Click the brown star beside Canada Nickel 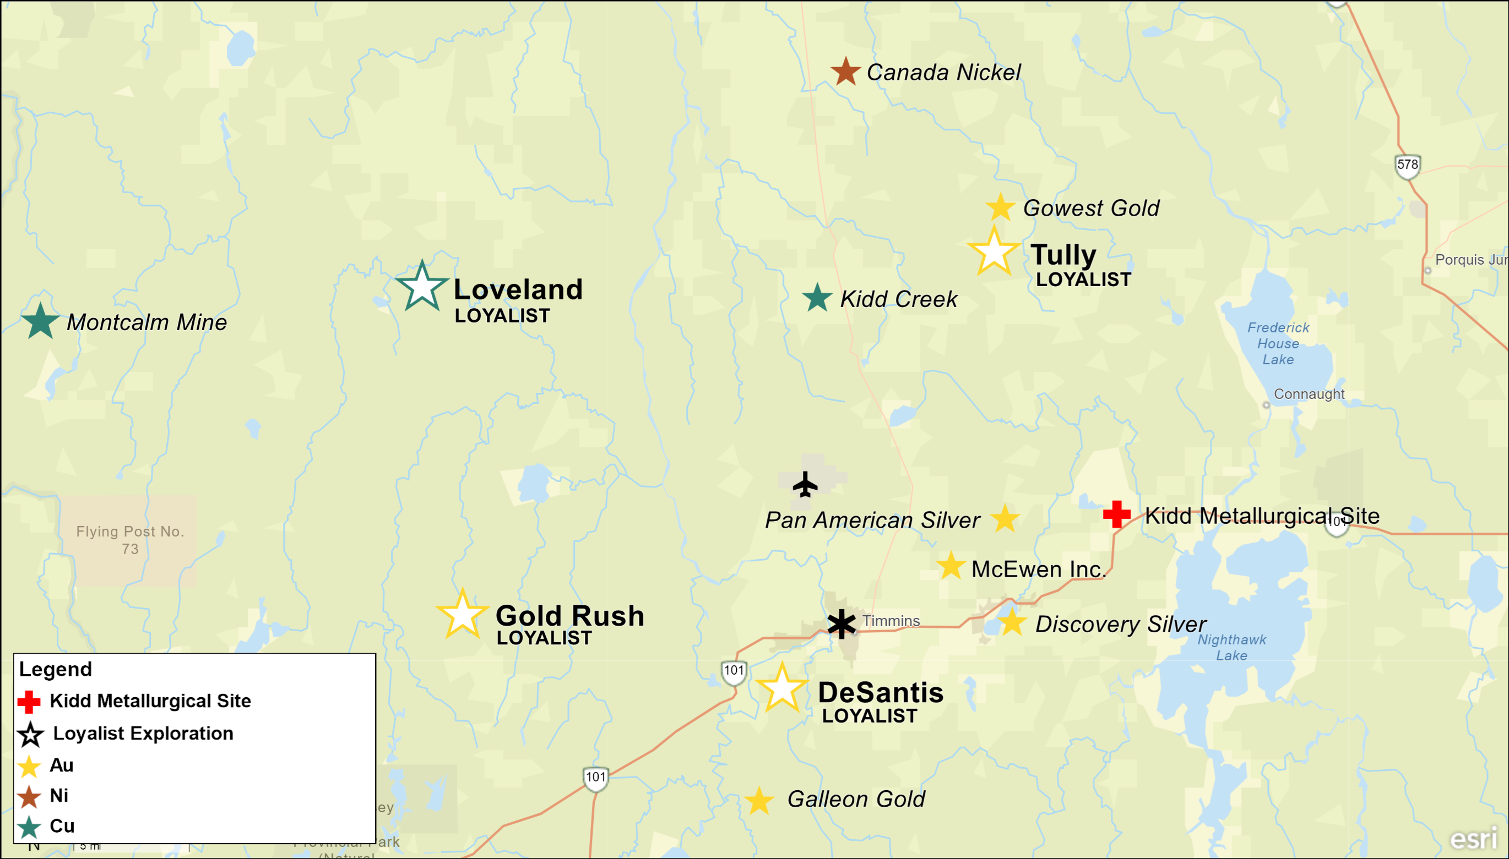(845, 72)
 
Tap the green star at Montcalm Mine (40, 322)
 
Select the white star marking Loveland (422, 287)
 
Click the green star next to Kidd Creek (817, 298)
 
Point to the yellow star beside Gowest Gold (1000, 207)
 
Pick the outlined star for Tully (994, 252)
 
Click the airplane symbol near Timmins (805, 485)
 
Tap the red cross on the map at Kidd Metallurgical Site (1116, 515)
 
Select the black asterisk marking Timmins (842, 624)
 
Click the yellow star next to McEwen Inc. (951, 566)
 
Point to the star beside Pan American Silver (1005, 519)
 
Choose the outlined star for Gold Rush (462, 615)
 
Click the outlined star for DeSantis (781, 688)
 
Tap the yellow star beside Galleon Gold (759, 802)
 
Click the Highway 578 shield (1408, 165)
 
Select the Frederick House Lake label (1278, 343)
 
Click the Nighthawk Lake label (1231, 647)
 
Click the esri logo (1474, 838)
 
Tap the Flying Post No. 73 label (130, 540)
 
